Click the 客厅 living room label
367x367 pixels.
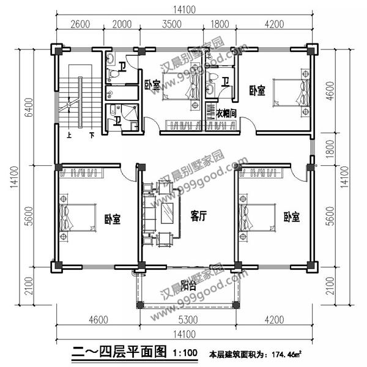click(x=198, y=216)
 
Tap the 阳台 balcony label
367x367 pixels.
click(x=188, y=286)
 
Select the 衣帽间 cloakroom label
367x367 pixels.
click(x=226, y=113)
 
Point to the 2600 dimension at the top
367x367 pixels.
click(x=80, y=24)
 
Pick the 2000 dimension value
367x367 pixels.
click(x=122, y=24)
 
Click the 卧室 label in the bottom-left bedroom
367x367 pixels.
click(x=112, y=218)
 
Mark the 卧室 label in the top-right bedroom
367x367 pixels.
click(x=257, y=91)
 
